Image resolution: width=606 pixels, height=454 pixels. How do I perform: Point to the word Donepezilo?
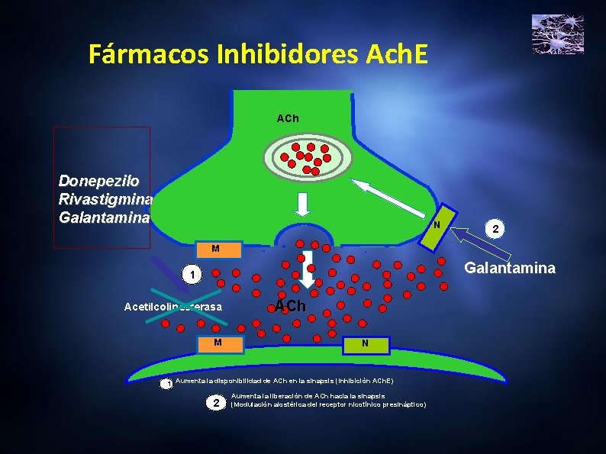98,182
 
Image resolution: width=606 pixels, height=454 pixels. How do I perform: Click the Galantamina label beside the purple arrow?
511,269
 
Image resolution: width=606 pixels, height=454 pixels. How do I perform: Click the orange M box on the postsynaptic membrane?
218,343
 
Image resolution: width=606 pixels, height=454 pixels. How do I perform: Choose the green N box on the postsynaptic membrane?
365,344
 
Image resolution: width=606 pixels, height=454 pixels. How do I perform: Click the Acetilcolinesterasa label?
173,307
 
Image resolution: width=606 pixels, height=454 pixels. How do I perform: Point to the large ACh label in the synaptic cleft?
290,306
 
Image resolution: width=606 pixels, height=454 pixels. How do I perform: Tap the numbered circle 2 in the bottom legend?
216,402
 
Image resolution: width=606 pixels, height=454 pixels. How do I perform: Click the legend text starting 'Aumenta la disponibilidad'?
284,380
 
